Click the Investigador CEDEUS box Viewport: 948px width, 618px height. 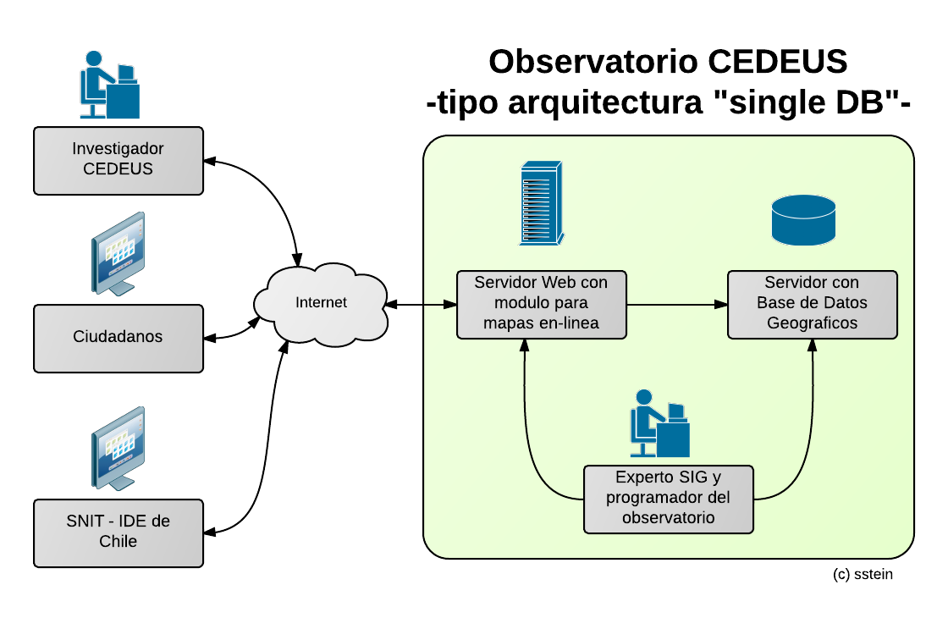click(118, 160)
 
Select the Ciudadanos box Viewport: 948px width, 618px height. click(118, 338)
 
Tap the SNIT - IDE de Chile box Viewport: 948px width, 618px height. click(118, 532)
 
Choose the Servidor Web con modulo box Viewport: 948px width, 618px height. click(541, 304)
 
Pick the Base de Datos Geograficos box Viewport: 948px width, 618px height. click(812, 304)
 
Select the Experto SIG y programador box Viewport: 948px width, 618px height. click(668, 499)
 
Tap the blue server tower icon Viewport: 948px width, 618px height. click(540, 203)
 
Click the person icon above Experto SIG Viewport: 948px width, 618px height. click(659, 423)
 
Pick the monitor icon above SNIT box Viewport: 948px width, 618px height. click(118, 448)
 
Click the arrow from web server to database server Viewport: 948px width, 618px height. click(677, 304)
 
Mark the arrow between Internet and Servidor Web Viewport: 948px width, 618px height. click(420, 304)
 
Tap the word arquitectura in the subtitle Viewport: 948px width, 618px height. click(604, 103)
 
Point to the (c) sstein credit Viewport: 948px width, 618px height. click(863, 574)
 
